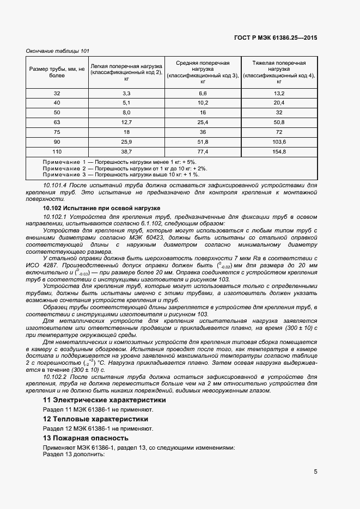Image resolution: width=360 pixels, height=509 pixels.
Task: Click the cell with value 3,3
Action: point(126,94)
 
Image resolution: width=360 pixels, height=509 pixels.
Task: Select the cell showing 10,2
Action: point(203,103)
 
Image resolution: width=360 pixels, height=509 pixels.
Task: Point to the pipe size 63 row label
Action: point(57,122)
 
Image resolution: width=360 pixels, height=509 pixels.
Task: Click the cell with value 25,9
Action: point(126,142)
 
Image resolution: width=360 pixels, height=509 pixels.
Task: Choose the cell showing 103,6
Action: point(279,142)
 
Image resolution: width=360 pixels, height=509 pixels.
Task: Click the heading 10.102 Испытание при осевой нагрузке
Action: point(101,208)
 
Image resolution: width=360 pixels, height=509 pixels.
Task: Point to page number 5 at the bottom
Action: point(315,472)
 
